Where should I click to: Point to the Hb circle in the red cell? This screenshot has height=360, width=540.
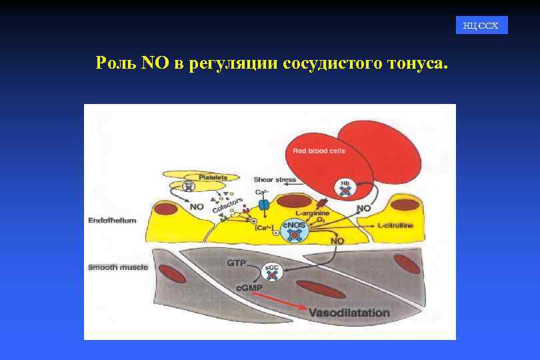[345, 189]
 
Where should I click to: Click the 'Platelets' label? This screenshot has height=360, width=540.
[213, 177]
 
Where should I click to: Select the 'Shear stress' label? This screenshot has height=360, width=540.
[275, 179]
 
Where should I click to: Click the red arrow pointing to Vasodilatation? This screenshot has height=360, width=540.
[279, 302]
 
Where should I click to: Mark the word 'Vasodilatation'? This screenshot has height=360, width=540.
[349, 312]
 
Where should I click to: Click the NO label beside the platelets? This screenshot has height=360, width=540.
[197, 207]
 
